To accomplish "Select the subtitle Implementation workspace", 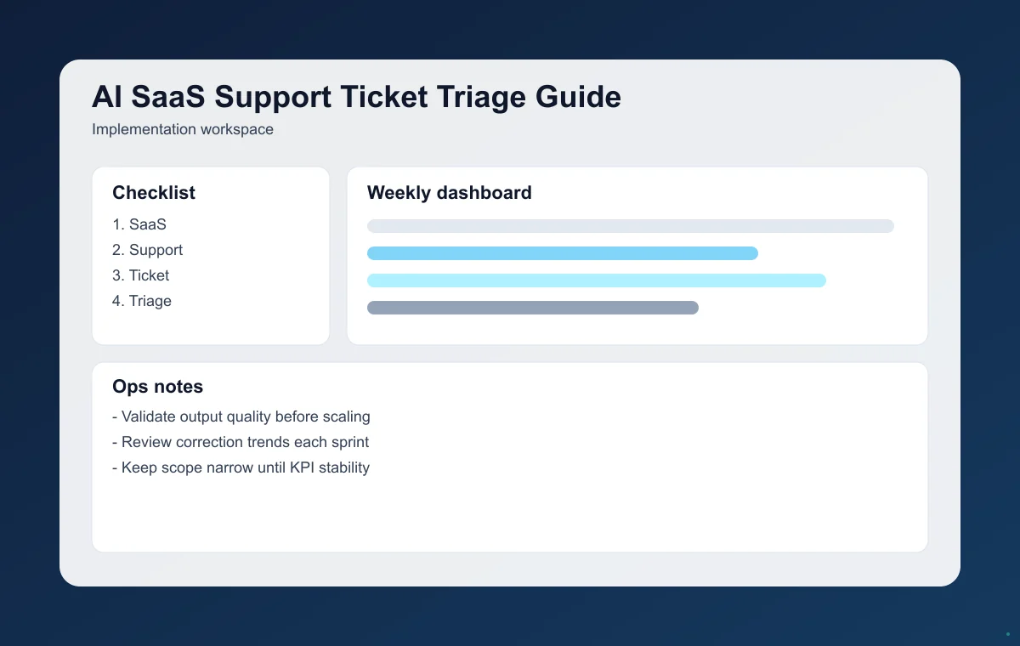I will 182,130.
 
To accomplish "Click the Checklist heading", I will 154,193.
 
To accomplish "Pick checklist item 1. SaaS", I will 139,224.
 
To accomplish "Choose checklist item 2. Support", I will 147,250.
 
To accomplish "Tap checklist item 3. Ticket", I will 140,275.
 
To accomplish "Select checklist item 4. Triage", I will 142,301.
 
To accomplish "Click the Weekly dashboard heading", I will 449,193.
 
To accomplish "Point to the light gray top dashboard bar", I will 630,226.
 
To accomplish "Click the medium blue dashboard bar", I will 562,253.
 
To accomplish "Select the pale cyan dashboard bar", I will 596,280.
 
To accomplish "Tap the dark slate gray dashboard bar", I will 532,308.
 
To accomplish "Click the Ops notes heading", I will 157,387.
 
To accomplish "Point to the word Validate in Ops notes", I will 148,416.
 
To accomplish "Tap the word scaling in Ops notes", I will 345,417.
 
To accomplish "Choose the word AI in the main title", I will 106,97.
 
